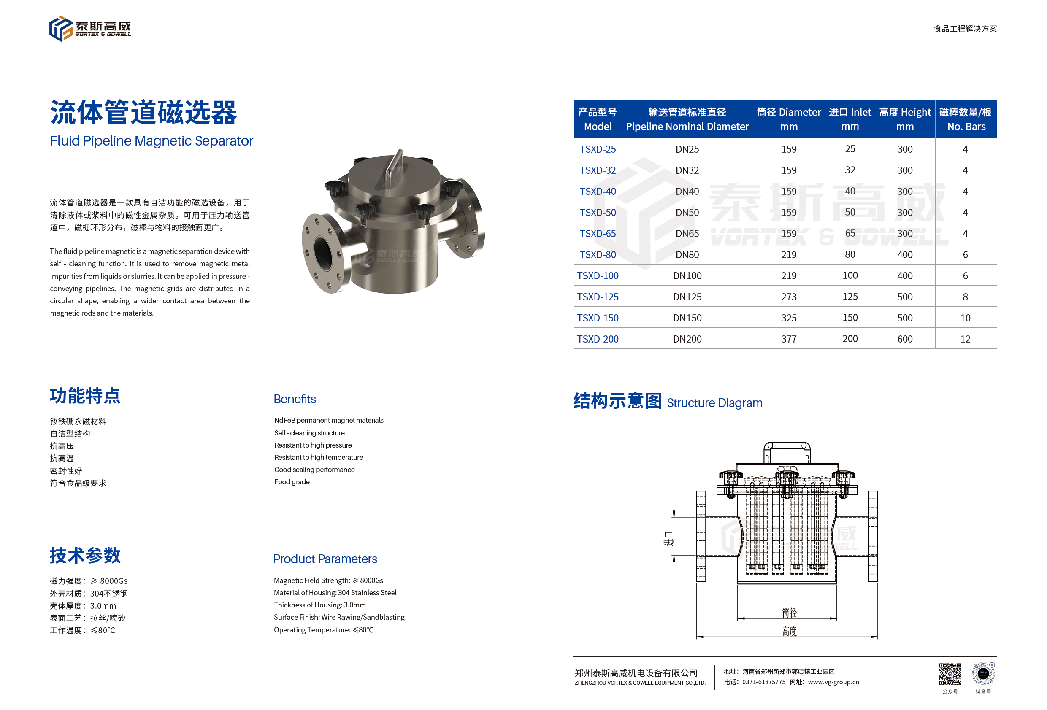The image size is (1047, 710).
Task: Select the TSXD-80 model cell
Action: (x=598, y=254)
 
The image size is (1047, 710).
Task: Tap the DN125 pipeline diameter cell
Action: (x=687, y=297)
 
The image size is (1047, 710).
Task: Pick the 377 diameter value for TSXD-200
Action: (x=788, y=339)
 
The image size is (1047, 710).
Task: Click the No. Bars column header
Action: (x=966, y=119)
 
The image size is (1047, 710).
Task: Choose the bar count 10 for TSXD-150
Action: (x=965, y=318)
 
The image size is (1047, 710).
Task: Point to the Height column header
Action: (x=905, y=119)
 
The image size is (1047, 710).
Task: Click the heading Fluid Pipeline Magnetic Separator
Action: (x=152, y=141)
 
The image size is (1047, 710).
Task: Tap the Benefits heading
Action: (x=295, y=399)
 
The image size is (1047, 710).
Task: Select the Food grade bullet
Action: (x=292, y=482)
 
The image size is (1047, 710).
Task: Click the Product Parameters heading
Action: (x=325, y=559)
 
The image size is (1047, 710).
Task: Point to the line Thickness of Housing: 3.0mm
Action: (x=320, y=605)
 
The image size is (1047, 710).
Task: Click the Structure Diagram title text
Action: (x=714, y=403)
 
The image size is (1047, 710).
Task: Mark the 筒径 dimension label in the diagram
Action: (x=789, y=613)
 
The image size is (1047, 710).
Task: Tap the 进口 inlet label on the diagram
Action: (x=668, y=538)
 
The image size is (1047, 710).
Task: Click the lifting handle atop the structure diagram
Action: (x=787, y=446)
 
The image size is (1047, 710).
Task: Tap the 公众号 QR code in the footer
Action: (x=950, y=674)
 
